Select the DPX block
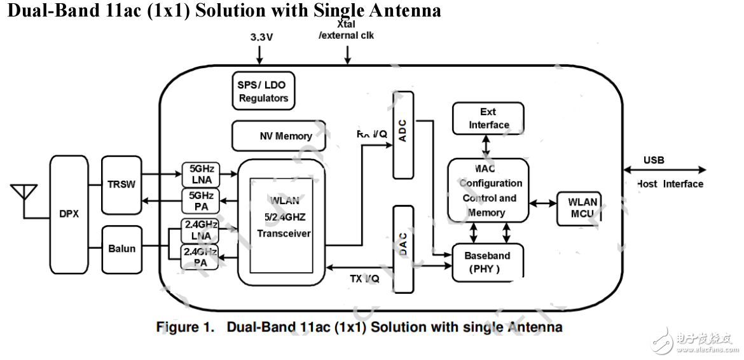click(x=69, y=214)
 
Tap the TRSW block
click(x=121, y=184)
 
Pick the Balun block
click(x=121, y=248)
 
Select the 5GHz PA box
click(x=201, y=200)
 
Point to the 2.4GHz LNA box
click(x=200, y=230)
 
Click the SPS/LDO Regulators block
click(x=263, y=92)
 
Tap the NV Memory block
click(x=279, y=135)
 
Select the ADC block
click(x=403, y=135)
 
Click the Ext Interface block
click(x=488, y=118)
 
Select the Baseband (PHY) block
click(x=487, y=262)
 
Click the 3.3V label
click(x=261, y=37)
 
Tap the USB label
click(x=653, y=160)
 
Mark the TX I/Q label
click(x=365, y=279)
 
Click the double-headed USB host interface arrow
click(x=665, y=170)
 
